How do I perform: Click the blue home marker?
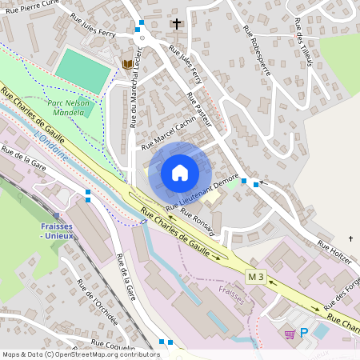coord(180,173)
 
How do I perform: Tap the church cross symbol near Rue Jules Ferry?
coord(177,24)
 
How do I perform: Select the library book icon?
coord(127,64)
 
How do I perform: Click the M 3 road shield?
coord(255,277)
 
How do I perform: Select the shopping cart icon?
coord(290,334)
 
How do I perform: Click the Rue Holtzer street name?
coord(334,251)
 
